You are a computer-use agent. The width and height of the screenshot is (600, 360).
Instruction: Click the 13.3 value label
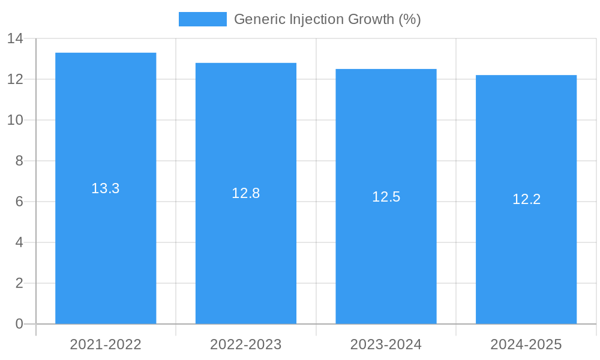pos(106,188)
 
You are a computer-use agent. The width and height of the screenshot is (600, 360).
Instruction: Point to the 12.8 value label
pos(246,193)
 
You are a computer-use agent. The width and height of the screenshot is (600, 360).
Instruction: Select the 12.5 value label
pos(386,197)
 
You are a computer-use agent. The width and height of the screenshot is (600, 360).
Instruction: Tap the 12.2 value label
pos(526,200)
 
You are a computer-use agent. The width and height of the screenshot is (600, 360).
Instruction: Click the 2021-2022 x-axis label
pos(106,344)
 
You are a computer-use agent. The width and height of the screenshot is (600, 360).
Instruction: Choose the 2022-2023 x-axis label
pos(246,344)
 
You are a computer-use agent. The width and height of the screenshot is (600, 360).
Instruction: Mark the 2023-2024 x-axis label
pos(386,344)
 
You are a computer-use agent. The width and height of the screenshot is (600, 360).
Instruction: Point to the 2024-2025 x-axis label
pos(526,344)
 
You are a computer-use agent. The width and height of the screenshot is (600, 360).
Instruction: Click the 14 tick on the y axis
pos(15,39)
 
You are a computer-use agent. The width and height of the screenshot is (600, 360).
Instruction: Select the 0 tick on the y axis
pos(19,324)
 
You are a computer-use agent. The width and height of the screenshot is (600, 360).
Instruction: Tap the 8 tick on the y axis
pos(19,161)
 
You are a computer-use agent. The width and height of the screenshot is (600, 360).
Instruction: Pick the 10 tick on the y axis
pos(15,120)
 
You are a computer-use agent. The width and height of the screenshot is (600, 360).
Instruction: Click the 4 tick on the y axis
pos(19,242)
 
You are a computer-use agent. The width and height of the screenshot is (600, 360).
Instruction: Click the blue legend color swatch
pos(203,19)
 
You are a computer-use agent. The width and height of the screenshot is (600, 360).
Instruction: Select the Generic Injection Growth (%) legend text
pos(327,19)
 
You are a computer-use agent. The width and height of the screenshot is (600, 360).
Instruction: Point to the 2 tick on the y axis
pos(19,283)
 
